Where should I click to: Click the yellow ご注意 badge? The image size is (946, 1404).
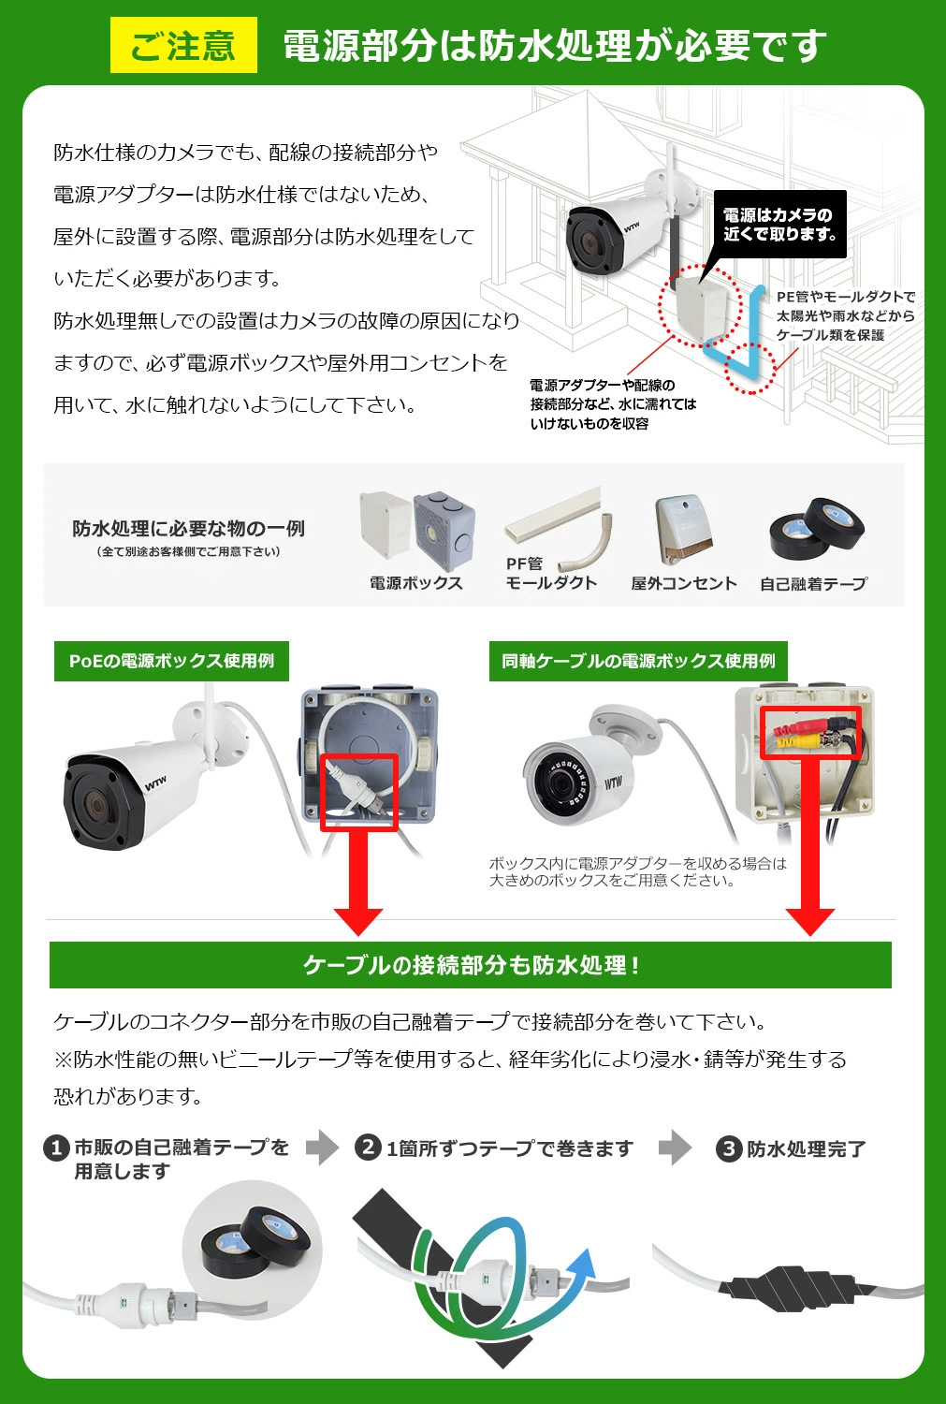coord(183,45)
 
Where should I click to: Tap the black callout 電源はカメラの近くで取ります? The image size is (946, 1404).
coord(779,225)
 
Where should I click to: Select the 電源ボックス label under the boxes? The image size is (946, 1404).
coord(415,583)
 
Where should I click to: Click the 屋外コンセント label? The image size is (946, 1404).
coord(683,583)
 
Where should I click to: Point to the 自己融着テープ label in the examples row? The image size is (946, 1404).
coord(813,583)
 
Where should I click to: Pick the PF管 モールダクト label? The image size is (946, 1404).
coord(550,573)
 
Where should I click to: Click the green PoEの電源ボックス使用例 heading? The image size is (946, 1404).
coord(171,661)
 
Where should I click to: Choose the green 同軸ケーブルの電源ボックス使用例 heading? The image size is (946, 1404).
coord(638,661)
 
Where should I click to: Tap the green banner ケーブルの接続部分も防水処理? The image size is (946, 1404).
coord(471,965)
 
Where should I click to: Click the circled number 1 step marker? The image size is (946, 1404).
coord(57,1148)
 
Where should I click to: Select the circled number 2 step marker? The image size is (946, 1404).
coord(368,1148)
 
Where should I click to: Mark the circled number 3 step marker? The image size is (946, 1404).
coord(728,1148)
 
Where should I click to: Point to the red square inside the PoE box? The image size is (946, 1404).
coord(359,792)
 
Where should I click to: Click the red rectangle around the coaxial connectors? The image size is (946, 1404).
coord(810,732)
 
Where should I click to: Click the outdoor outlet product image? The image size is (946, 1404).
coord(684,529)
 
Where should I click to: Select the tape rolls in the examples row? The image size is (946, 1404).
coord(815,530)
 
